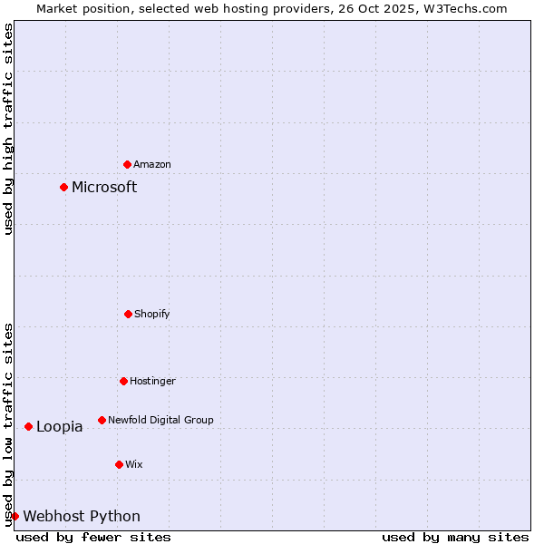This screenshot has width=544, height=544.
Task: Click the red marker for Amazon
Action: [x=127, y=164]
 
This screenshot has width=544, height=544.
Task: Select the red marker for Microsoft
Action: [x=63, y=188]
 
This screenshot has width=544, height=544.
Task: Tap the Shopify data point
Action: [x=128, y=314]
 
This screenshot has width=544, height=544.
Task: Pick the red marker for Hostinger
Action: [x=123, y=381]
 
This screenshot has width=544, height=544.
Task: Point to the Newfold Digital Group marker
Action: [x=102, y=420]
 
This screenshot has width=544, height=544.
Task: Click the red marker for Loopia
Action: [x=28, y=426]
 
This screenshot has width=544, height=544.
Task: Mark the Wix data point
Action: [x=119, y=464]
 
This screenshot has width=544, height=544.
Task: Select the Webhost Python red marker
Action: [x=15, y=516]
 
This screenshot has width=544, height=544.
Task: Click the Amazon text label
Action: [x=152, y=164]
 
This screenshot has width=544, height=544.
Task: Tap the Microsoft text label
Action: [x=104, y=188]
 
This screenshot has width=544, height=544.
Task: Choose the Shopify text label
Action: [x=152, y=314]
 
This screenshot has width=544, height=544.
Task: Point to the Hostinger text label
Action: [x=152, y=381]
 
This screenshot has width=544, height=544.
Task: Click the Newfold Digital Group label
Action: [x=160, y=420]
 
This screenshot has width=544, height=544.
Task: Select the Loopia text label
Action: [x=60, y=427]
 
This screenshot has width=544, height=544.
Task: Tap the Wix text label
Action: [x=134, y=464]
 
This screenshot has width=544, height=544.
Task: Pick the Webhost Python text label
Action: [x=82, y=517]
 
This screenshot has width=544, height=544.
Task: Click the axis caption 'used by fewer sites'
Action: [x=93, y=537]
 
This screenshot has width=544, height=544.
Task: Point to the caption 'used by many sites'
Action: [x=455, y=537]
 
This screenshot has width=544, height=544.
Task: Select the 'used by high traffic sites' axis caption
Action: [x=8, y=129]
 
